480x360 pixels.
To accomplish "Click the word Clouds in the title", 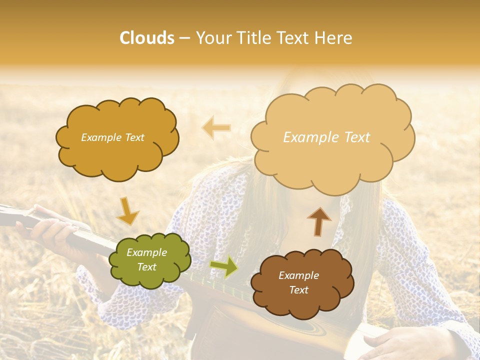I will [147, 38].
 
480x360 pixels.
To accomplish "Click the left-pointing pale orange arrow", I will [216, 128].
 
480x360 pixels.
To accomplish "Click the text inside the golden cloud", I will [112, 137].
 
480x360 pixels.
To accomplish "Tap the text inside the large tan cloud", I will [326, 137].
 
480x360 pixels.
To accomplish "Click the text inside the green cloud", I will [146, 260].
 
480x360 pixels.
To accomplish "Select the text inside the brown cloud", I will [298, 282].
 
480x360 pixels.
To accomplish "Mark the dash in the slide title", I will [184, 38].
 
